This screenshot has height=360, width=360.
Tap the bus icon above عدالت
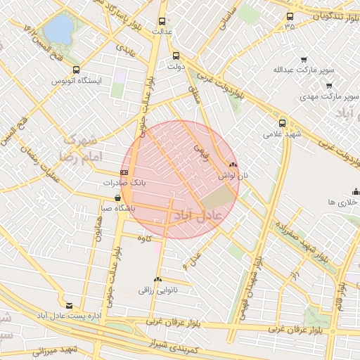pos(162,21)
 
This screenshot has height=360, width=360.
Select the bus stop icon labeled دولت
pos(176,56)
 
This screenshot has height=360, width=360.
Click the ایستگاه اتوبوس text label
pos(77,82)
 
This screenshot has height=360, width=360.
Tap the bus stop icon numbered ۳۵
pos(290,17)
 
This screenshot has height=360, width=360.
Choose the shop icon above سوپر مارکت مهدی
pos(328,85)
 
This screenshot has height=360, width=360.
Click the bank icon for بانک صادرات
pos(124,172)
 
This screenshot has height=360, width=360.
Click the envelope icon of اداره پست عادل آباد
pos(69,305)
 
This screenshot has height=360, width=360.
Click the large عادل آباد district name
pos(198,214)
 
